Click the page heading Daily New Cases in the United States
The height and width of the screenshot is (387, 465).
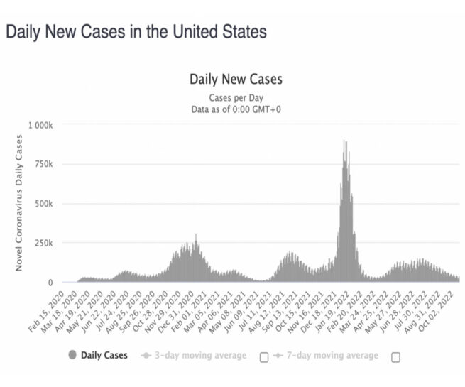[136, 32]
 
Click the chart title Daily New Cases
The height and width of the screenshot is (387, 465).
[236, 80]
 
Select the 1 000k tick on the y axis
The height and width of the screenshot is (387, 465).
[40, 125]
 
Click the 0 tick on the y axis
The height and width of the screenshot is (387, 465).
[50, 283]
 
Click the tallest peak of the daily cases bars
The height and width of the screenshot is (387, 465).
[345, 142]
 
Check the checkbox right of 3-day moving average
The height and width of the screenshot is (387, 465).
[264, 356]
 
